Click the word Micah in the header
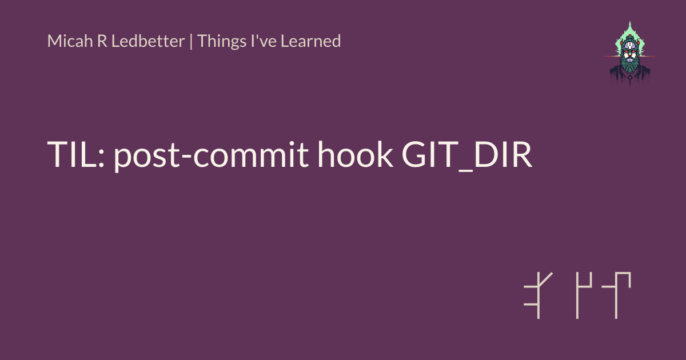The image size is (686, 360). pyautogui.click(x=70, y=41)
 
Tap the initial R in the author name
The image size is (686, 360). pyautogui.click(x=102, y=41)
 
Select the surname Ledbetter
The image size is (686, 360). pyautogui.click(x=148, y=41)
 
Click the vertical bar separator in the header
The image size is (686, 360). pyautogui.click(x=191, y=41)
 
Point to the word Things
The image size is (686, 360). pyautogui.click(x=222, y=42)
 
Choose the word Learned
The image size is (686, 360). pyautogui.click(x=310, y=41)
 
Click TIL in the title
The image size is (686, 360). pyautogui.click(x=72, y=155)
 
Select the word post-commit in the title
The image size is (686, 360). pyautogui.click(x=212, y=155)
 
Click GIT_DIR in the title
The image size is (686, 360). pyautogui.click(x=467, y=155)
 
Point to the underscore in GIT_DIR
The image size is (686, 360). pyautogui.click(x=466, y=170)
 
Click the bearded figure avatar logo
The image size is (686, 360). pyautogui.click(x=629, y=53)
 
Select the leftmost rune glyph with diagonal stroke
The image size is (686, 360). pyautogui.click(x=539, y=295)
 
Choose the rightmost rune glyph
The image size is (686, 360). pyautogui.click(x=616, y=295)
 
